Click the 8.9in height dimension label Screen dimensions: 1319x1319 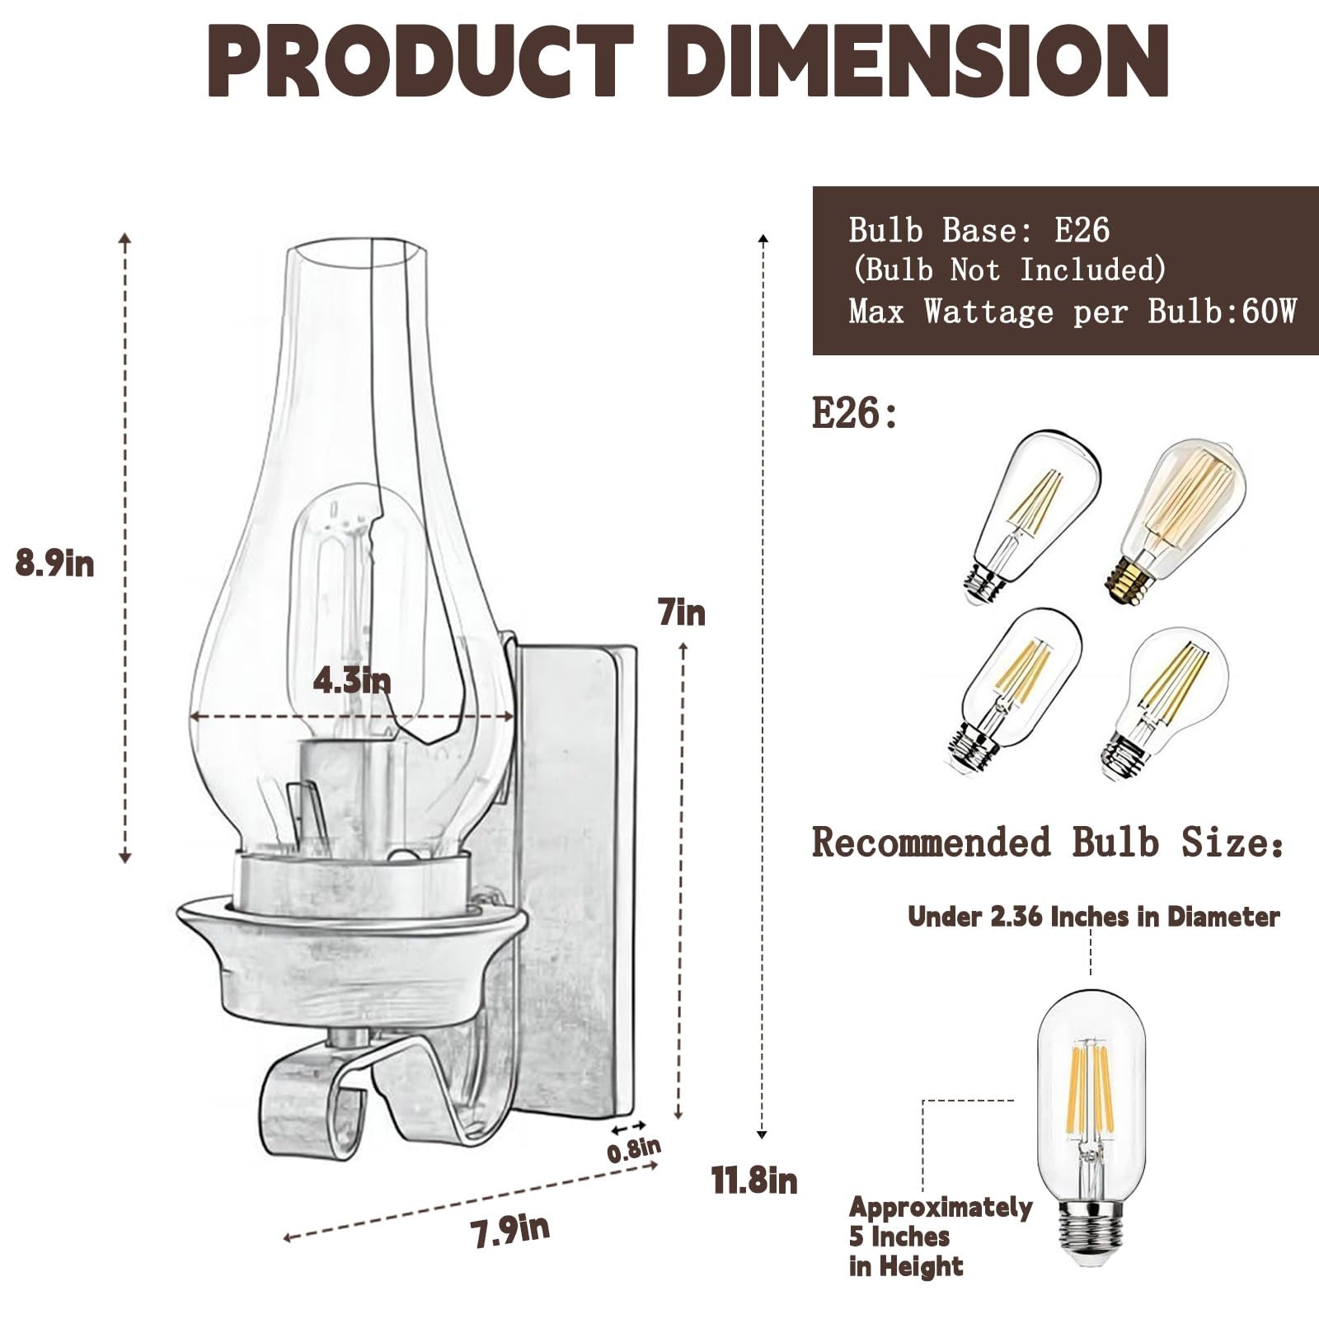click(x=54, y=564)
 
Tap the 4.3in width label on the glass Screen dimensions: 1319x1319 click(x=352, y=681)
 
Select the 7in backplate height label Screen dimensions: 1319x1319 click(x=682, y=613)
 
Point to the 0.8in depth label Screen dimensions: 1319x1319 click(x=634, y=1149)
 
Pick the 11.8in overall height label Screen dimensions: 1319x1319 click(x=754, y=1181)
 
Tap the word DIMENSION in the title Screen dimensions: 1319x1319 click(x=920, y=63)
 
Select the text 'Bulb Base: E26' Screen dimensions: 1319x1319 click(x=979, y=230)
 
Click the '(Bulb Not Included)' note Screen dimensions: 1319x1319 click(x=1009, y=270)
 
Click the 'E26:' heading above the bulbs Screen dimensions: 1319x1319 click(x=854, y=412)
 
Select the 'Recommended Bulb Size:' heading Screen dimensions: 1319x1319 click(x=1047, y=843)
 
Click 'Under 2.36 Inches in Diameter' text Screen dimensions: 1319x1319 click(x=1093, y=917)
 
